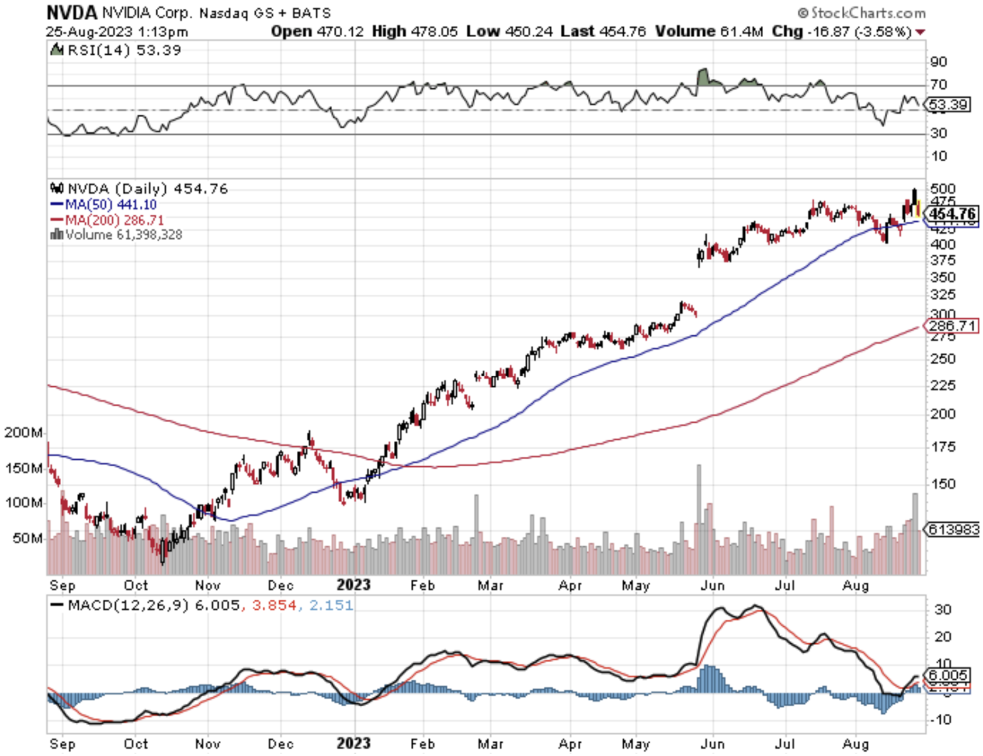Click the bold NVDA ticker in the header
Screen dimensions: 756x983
click(x=72, y=13)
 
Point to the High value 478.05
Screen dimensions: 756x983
click(x=434, y=31)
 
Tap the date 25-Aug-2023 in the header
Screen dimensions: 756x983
click(x=89, y=31)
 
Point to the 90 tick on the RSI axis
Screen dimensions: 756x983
click(x=938, y=62)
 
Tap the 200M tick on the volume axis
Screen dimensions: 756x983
click(x=23, y=433)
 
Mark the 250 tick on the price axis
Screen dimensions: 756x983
click(x=943, y=359)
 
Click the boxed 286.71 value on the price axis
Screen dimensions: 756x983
click(x=952, y=326)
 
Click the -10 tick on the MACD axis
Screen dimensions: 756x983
click(x=940, y=719)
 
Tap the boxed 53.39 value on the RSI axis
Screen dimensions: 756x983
click(x=948, y=105)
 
